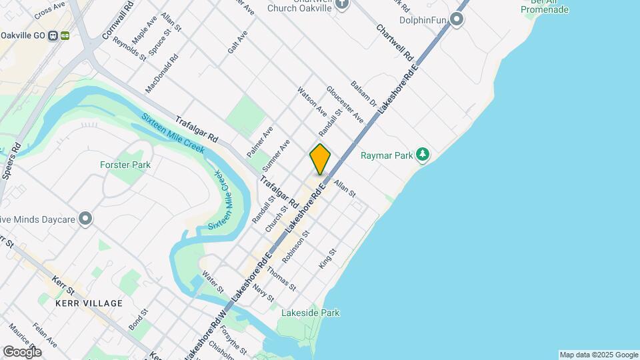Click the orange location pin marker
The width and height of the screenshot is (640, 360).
coord(320,159)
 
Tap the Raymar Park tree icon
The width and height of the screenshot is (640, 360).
coord(422,155)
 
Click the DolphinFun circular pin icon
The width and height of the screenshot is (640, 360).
coord(457,19)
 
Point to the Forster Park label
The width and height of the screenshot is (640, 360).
coord(125,165)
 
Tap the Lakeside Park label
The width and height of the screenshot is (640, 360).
coord(311,313)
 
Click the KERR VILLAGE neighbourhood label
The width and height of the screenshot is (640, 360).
coord(89,303)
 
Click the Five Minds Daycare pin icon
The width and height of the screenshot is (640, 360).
coord(85,219)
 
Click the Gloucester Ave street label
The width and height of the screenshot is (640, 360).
coord(345,104)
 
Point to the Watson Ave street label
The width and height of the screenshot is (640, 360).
coord(312,101)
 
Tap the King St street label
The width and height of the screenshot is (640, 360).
coord(327,259)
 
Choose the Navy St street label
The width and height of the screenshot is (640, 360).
coord(263,292)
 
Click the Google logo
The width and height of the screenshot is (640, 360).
coord(22,352)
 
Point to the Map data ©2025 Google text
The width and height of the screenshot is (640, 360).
coord(599,355)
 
